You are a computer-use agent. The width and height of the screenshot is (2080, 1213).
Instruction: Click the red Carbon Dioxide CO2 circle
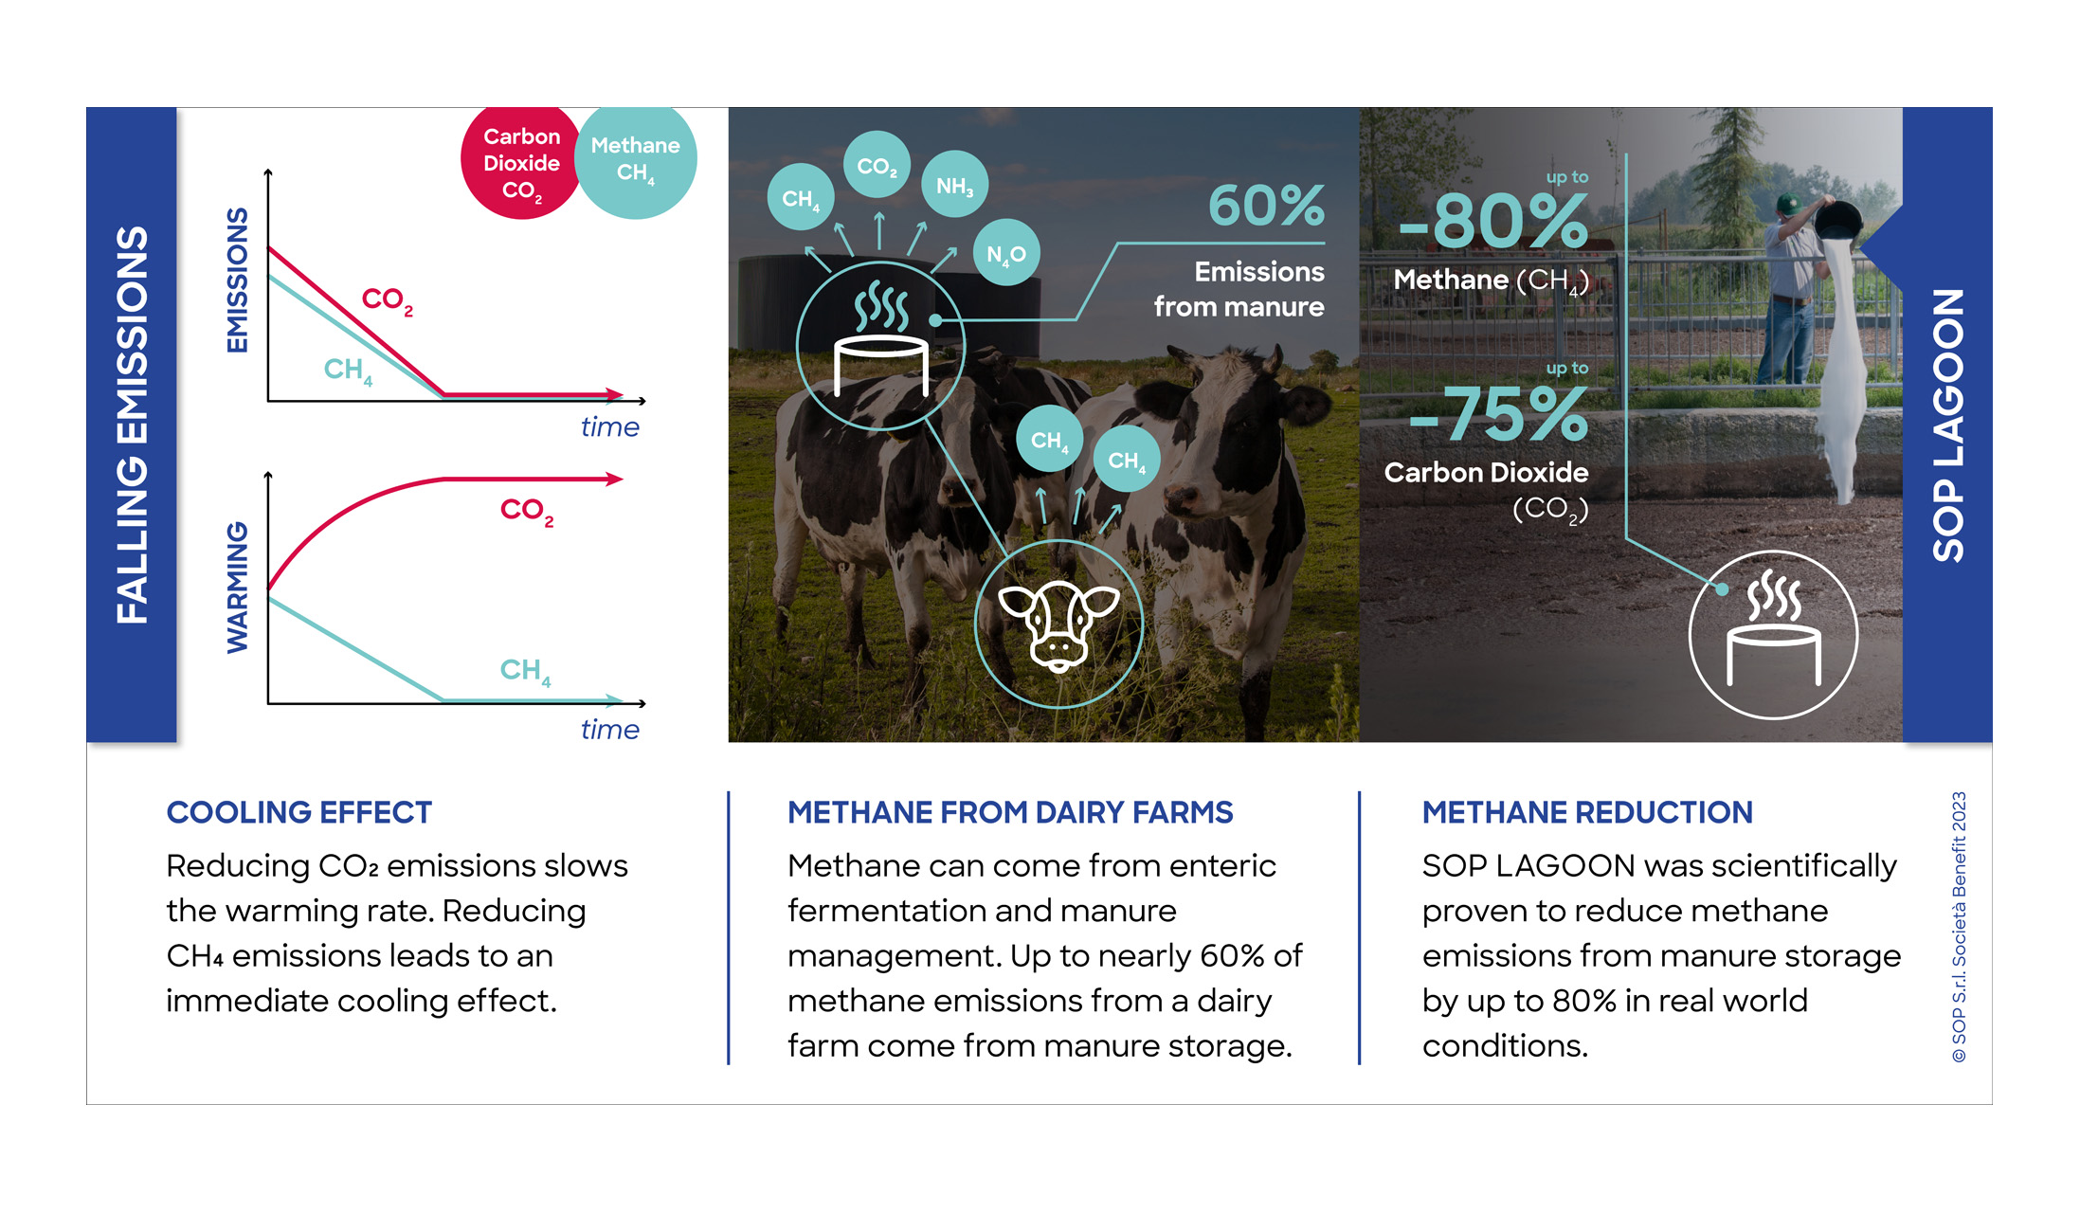pos(520,164)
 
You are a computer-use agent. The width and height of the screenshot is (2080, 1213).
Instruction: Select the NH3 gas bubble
pos(954,185)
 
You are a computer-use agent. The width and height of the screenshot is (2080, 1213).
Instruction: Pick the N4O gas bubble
pos(1005,254)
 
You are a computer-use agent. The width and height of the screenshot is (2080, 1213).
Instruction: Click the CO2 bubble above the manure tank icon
pos(877,166)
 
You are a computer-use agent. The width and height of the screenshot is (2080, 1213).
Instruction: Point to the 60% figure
pos(1266,206)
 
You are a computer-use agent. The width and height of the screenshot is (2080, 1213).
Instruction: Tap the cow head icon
pos(1058,625)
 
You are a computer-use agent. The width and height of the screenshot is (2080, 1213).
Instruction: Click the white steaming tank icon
pos(1773,634)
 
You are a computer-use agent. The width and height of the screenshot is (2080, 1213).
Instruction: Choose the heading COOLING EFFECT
pos(299,812)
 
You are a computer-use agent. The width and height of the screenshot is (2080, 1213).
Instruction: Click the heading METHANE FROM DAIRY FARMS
pos(1010,812)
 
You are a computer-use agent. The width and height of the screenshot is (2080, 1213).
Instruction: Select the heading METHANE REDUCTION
pos(1587,812)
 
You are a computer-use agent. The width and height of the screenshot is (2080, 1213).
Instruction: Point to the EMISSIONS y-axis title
pos(237,281)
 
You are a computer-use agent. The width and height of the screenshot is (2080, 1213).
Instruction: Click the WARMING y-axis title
pos(237,588)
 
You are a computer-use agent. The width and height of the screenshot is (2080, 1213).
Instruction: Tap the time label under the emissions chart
pos(609,427)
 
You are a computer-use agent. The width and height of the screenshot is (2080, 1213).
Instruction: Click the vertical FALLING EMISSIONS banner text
pos(133,425)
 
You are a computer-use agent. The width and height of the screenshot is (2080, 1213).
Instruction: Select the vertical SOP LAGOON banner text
pos(1948,425)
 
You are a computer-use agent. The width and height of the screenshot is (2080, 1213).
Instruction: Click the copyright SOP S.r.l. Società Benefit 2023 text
pos(1959,927)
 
